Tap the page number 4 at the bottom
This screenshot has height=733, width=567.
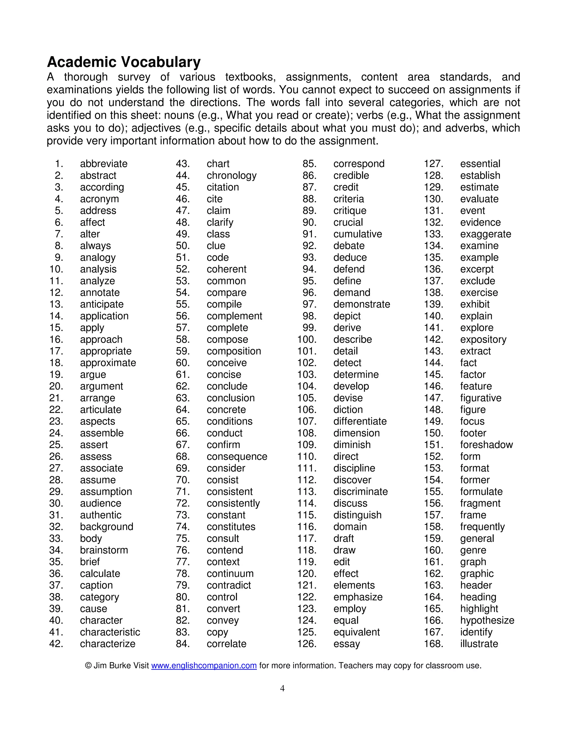(282, 688)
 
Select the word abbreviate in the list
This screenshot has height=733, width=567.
(104, 164)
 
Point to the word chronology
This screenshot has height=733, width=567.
(231, 176)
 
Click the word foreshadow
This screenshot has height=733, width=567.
(486, 445)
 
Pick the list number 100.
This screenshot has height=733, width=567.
(307, 339)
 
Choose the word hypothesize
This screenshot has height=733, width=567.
(487, 620)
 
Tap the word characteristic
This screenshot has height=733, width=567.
(110, 632)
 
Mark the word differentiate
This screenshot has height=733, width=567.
(360, 421)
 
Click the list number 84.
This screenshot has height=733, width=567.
(183, 644)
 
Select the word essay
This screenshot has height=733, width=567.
(346, 644)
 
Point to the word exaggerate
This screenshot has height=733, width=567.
(485, 234)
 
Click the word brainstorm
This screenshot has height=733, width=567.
(104, 550)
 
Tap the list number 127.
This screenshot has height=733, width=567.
(433, 164)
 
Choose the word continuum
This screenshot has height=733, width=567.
(230, 574)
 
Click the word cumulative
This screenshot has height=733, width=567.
(357, 234)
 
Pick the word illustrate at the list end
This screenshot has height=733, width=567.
(479, 644)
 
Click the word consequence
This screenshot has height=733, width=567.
(237, 456)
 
